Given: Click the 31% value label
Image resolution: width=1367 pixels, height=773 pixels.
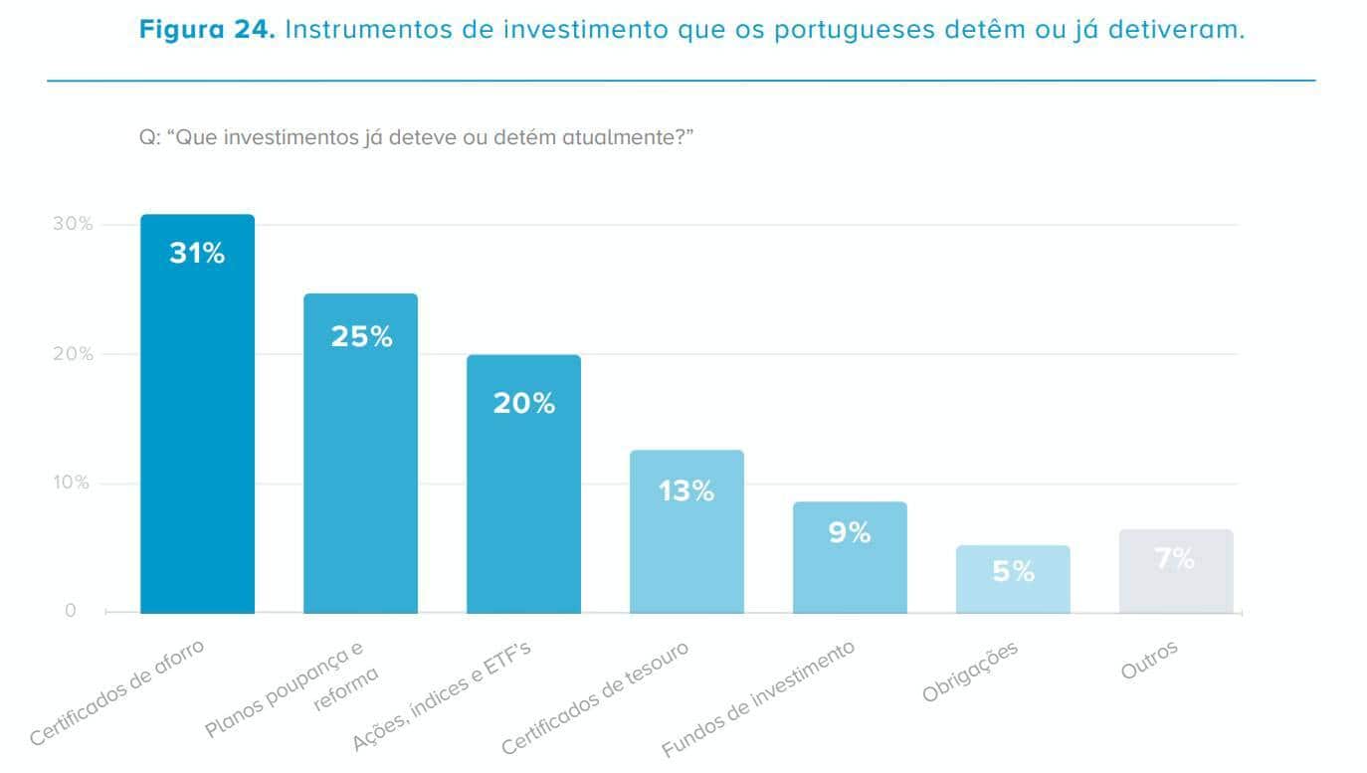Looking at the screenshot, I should click(197, 254).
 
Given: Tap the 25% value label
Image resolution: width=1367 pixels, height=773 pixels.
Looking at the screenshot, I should click(361, 337).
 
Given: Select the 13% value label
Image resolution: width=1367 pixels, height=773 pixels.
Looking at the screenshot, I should click(686, 490).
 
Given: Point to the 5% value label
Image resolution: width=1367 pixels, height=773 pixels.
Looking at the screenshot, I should click(1013, 572).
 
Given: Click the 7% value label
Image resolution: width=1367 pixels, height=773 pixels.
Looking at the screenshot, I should click(1175, 559).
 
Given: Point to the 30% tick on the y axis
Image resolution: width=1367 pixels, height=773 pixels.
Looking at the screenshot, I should click(73, 225).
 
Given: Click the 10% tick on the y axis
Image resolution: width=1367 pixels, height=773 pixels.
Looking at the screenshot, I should click(72, 483).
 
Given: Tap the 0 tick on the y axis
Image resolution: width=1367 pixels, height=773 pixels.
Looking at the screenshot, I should click(71, 611).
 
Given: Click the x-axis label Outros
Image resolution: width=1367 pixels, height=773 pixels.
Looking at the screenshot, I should click(1149, 661).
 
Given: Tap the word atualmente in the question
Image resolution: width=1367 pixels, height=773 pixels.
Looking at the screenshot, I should click(622, 137).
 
